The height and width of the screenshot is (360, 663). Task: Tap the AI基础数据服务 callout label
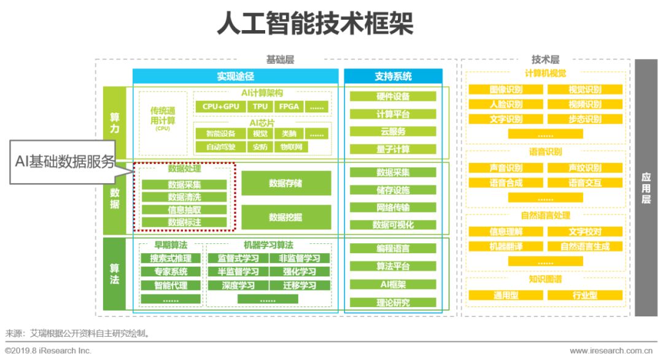(65, 161)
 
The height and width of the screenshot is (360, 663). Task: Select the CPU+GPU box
(221, 106)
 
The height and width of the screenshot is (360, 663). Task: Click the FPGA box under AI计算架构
(289, 106)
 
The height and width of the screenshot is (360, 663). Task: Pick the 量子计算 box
(393, 149)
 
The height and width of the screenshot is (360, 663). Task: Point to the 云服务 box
(393, 131)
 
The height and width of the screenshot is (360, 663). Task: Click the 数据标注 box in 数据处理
(184, 222)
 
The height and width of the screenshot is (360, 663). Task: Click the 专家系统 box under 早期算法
(171, 272)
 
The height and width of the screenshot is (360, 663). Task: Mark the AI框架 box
(393, 284)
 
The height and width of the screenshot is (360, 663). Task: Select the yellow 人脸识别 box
(506, 104)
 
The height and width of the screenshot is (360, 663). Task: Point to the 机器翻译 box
(506, 246)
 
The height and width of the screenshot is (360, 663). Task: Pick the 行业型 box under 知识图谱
(584, 295)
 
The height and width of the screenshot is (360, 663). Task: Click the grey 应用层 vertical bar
(646, 187)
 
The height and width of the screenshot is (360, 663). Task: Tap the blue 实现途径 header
(235, 77)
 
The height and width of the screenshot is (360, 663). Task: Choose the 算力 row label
(115, 123)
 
